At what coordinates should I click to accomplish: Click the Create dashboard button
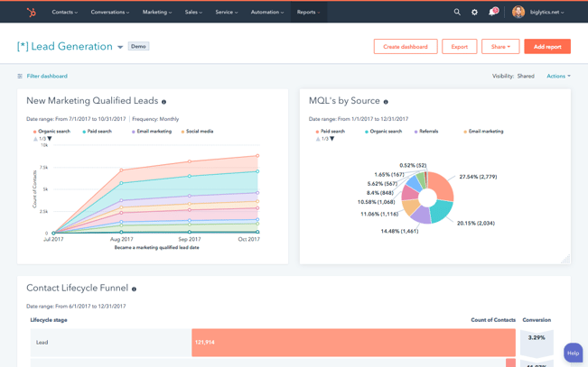coord(406,46)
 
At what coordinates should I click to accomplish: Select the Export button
coord(459,46)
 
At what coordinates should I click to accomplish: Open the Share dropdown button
coord(500,46)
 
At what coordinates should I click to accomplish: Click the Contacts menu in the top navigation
coord(64,13)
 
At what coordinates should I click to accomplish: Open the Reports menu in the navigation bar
coord(308,13)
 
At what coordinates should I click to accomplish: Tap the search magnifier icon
coord(457,13)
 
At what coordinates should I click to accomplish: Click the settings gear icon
coord(474,13)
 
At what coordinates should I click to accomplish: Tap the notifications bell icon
coord(492,13)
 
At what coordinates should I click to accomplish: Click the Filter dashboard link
coord(46,77)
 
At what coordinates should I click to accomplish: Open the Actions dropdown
coord(558,77)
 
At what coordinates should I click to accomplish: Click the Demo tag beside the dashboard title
coord(138,46)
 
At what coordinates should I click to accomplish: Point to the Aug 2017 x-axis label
coord(122,239)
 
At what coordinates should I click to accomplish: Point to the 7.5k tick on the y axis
coord(43,168)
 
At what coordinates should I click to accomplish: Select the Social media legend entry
coord(199,132)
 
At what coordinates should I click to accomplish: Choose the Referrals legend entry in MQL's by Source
coord(428,132)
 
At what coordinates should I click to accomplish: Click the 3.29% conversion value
coord(537,338)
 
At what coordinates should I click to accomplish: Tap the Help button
coord(573,353)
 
